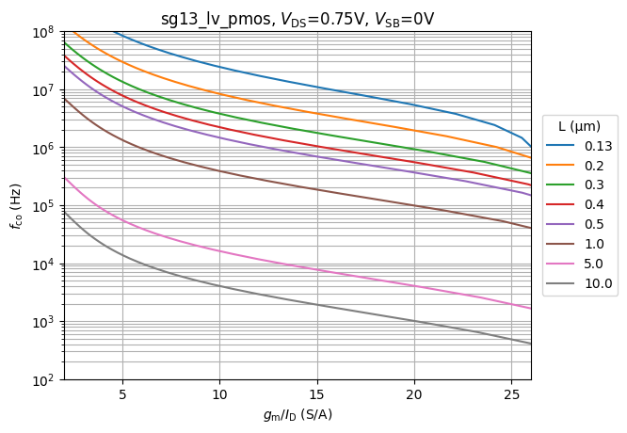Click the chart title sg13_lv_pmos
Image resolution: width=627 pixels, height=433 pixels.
coord(297,18)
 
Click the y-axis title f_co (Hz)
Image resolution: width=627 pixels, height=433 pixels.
coord(16,206)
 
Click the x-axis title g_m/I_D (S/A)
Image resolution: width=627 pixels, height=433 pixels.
coord(297,414)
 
